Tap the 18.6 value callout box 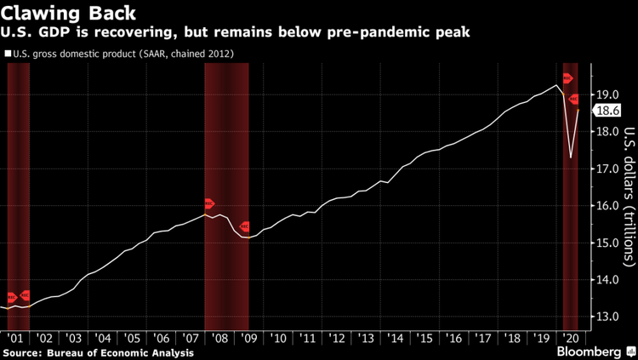pos(607,111)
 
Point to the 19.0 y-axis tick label pos(606,94)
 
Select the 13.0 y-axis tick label pos(606,317)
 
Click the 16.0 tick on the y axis pos(606,206)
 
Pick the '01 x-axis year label pos(14,338)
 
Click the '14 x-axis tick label pos(396,338)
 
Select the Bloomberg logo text pos(587,351)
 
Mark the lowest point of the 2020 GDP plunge pos(570,157)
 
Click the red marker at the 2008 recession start pos(210,204)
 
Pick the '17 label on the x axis pos(483,338)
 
